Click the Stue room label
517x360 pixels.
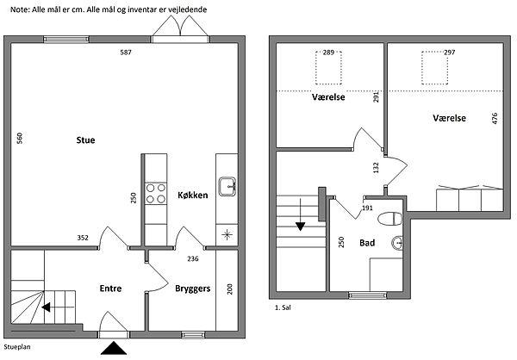click(x=85, y=140)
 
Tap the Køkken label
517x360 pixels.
click(x=193, y=196)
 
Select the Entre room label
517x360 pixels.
click(x=110, y=289)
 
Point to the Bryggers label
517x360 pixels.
click(x=192, y=289)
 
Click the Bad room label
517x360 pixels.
click(x=367, y=243)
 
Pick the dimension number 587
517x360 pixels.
click(x=126, y=52)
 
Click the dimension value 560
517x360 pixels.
click(x=20, y=138)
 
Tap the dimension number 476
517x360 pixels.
click(x=495, y=118)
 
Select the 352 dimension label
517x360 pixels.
click(x=83, y=238)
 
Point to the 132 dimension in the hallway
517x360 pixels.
click(x=376, y=167)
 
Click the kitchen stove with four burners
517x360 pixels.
click(x=156, y=194)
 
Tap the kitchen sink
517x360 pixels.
click(x=227, y=187)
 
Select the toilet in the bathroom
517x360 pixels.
click(x=389, y=219)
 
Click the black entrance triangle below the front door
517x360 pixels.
click(x=114, y=348)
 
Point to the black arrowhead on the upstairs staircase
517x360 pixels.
click(x=301, y=227)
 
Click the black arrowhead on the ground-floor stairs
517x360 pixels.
click(x=47, y=307)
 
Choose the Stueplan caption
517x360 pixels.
click(x=17, y=347)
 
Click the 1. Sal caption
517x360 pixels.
click(x=283, y=307)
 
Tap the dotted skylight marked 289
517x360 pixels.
click(x=328, y=67)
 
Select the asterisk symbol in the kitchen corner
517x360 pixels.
click(x=227, y=235)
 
